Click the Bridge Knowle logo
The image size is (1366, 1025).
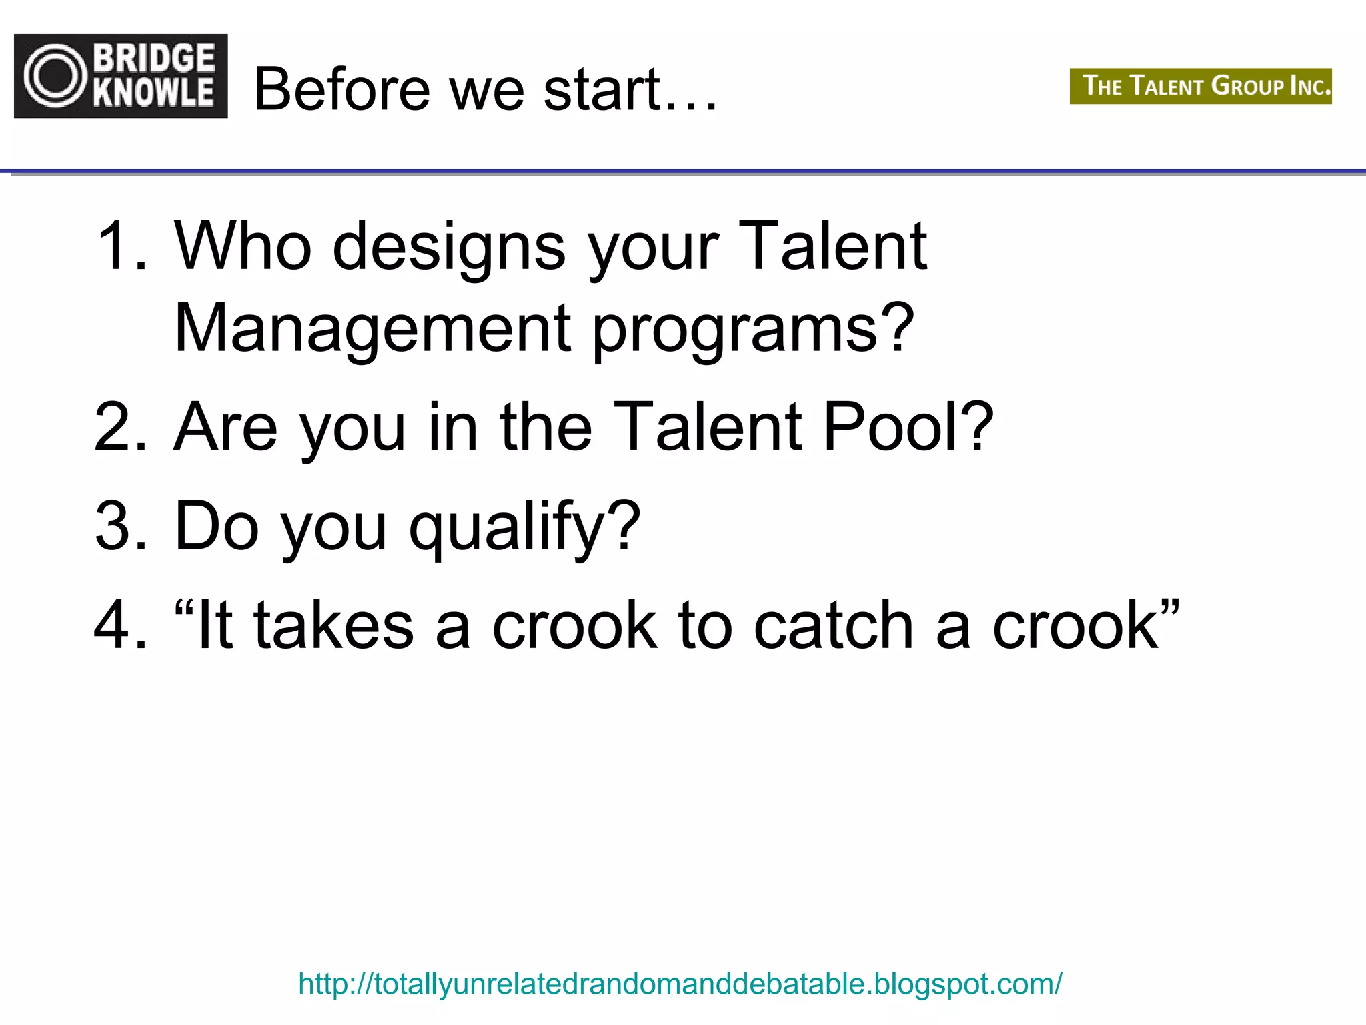[121, 76]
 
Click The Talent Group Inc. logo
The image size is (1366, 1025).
[1200, 86]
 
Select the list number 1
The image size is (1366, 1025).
[121, 246]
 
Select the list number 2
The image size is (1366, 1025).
[121, 427]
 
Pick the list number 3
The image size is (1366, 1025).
[121, 527]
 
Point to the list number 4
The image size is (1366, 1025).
[121, 625]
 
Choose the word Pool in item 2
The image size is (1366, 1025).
[907, 427]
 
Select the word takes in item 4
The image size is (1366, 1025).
[333, 625]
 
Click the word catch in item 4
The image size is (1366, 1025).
[833, 625]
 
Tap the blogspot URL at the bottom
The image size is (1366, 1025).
[680, 984]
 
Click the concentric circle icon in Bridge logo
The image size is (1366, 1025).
[55, 76]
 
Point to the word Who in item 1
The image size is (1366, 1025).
[243, 246]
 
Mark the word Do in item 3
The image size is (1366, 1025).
[216, 527]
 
